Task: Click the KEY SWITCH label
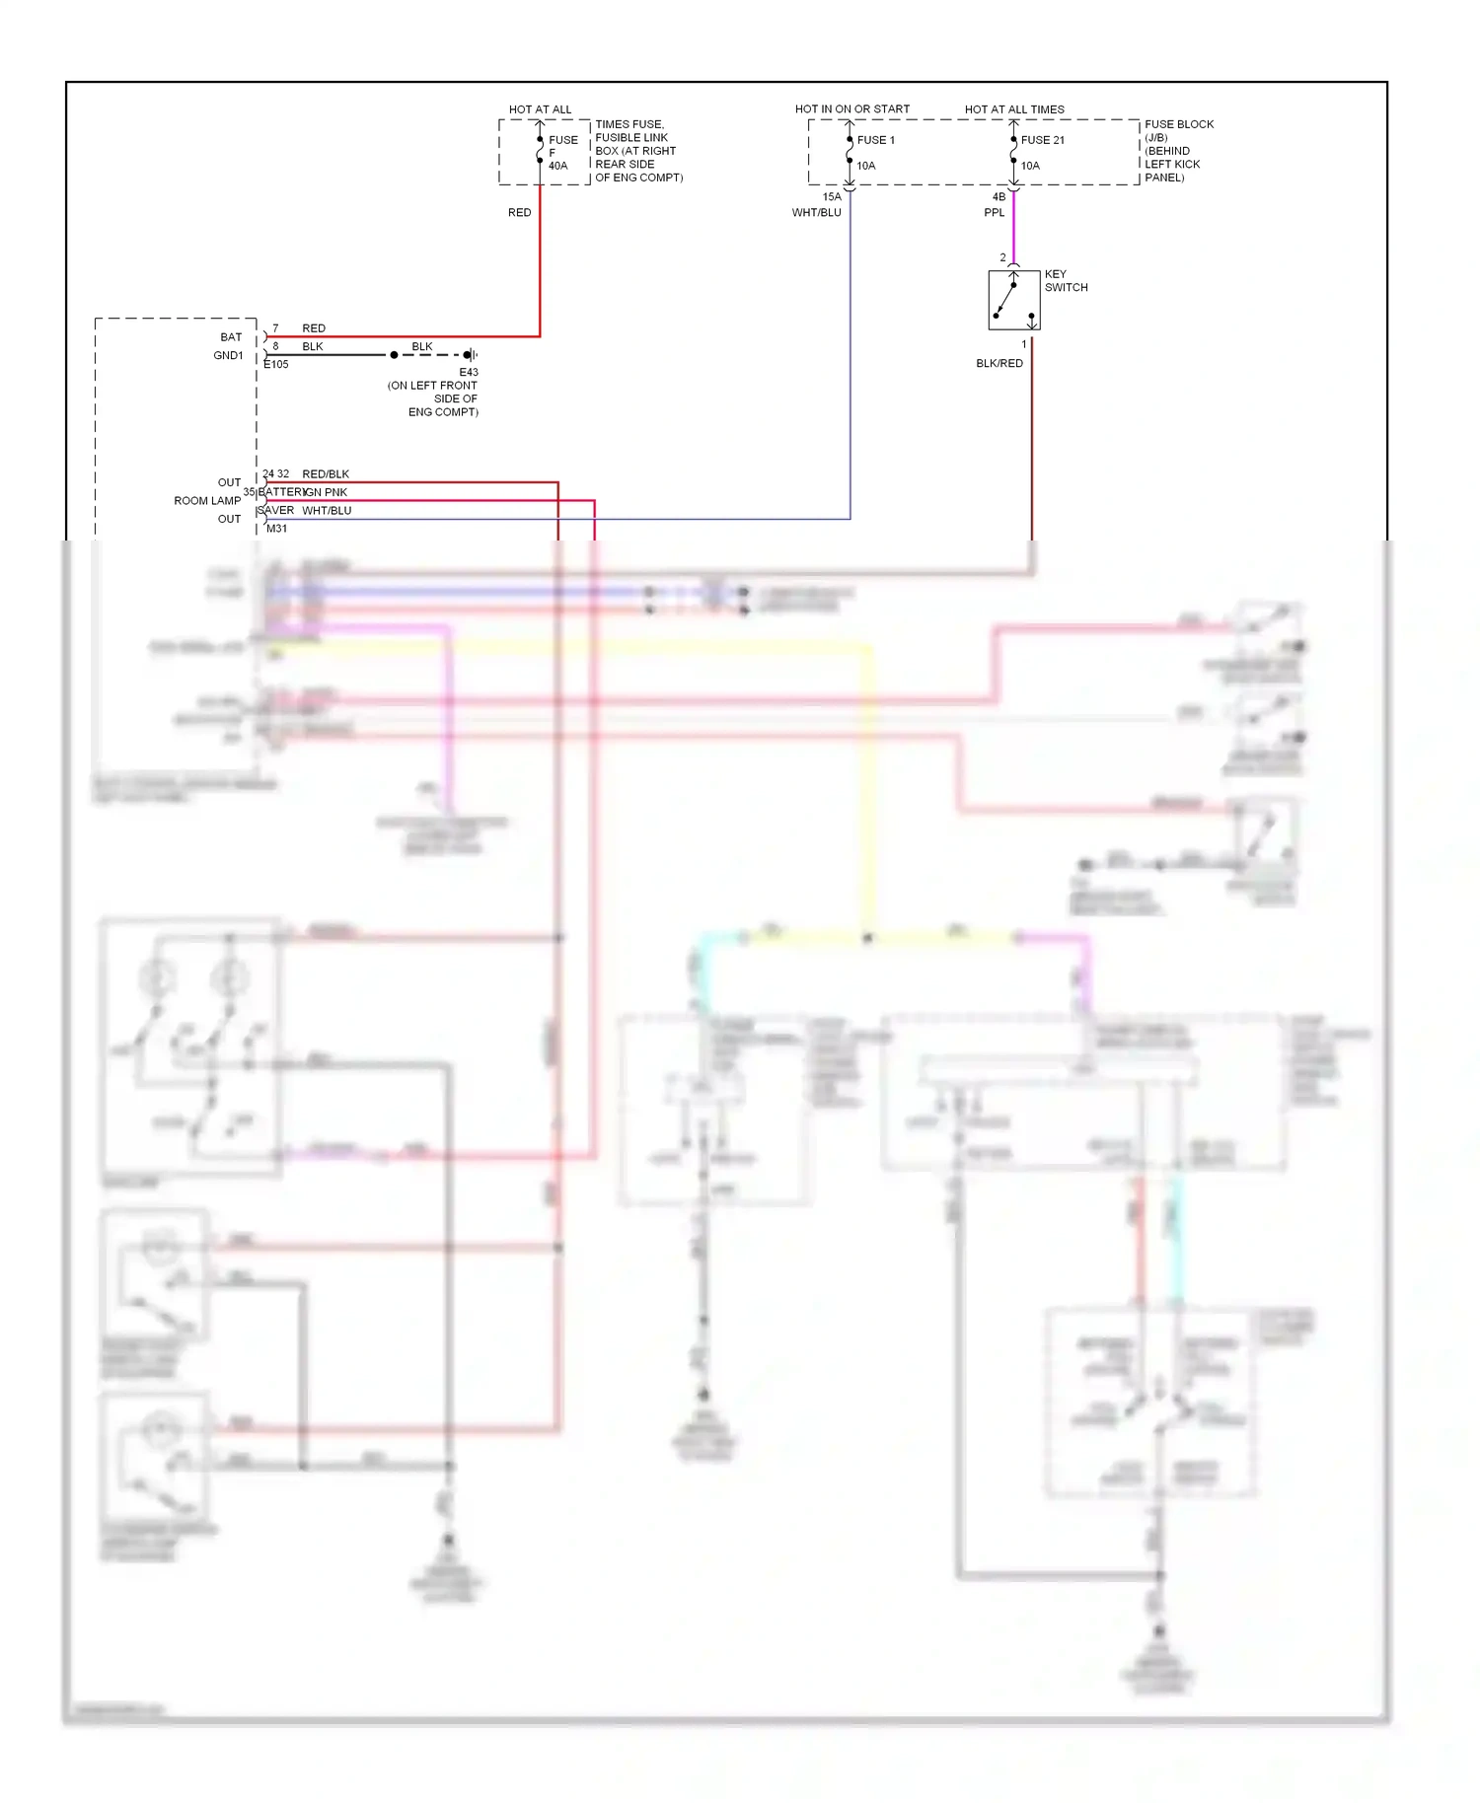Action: coord(1066,281)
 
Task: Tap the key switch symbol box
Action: coord(1013,300)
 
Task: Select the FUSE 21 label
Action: coord(1042,140)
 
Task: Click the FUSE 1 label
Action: coord(875,140)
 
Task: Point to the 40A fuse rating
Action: coord(557,166)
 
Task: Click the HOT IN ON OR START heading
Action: coord(851,109)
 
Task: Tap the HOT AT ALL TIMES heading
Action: coord(1013,109)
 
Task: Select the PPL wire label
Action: coord(994,213)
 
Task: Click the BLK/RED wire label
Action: coord(999,364)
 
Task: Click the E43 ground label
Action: coord(468,373)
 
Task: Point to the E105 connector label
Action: coord(276,365)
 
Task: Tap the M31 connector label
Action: coord(277,529)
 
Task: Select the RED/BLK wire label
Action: coord(326,474)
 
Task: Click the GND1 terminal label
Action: coord(228,356)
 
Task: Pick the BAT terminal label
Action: coord(231,337)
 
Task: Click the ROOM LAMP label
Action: coord(207,501)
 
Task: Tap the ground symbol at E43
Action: coord(471,355)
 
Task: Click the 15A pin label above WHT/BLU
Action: coord(832,197)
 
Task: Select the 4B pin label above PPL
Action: coord(999,197)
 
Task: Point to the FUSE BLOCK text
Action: coord(1178,125)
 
